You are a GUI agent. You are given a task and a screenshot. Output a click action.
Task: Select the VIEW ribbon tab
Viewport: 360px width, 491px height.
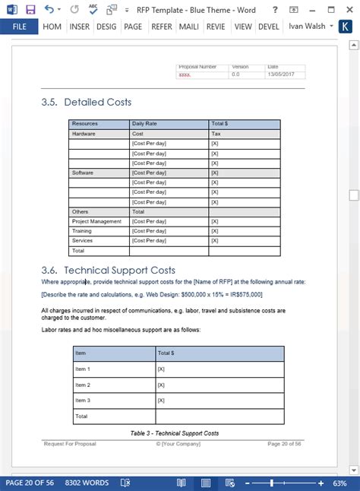[243, 27]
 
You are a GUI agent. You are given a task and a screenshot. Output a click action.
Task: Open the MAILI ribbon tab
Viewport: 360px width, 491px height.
[188, 27]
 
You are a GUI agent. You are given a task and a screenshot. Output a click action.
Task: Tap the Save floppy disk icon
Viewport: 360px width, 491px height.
[30, 9]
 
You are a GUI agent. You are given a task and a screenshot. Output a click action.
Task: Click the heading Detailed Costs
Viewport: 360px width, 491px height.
[98, 102]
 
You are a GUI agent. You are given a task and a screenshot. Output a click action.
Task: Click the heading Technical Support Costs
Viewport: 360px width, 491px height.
[120, 270]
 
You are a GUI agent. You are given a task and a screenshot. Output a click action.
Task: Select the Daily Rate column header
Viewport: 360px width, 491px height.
[144, 123]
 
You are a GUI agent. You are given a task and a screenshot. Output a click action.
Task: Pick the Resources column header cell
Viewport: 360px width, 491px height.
[85, 123]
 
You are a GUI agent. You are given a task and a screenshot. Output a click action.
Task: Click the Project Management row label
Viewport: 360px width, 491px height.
[96, 221]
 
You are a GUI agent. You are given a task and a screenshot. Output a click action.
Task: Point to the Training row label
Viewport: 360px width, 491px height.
[81, 230]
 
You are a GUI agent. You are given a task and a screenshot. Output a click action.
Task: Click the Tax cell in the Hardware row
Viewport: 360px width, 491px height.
[216, 133]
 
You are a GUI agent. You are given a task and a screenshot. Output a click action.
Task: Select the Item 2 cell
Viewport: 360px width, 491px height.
[83, 385]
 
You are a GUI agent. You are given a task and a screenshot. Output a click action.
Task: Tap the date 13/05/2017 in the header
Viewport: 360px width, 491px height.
[280, 74]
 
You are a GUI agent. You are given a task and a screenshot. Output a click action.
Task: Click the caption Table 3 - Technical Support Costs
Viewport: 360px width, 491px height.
[175, 433]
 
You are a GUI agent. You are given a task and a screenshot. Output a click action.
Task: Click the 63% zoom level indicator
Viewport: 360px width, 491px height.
[346, 483]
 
